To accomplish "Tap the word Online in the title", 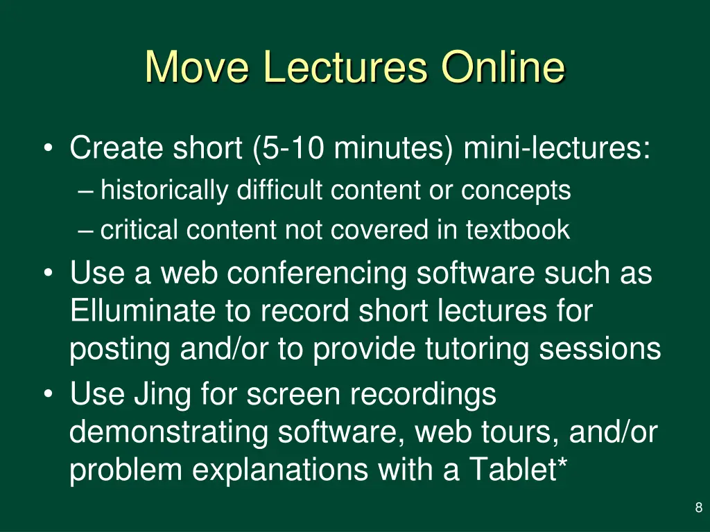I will click(x=503, y=67).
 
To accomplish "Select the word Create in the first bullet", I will click(x=117, y=148).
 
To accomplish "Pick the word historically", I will click(x=164, y=190).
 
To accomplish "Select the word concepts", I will click(x=516, y=190).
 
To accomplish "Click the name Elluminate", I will click(x=142, y=311).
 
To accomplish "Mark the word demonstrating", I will click(x=169, y=433).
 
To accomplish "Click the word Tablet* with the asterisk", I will click(x=519, y=470).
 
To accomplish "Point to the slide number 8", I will click(x=698, y=508).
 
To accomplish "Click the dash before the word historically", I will click(x=87, y=190).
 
